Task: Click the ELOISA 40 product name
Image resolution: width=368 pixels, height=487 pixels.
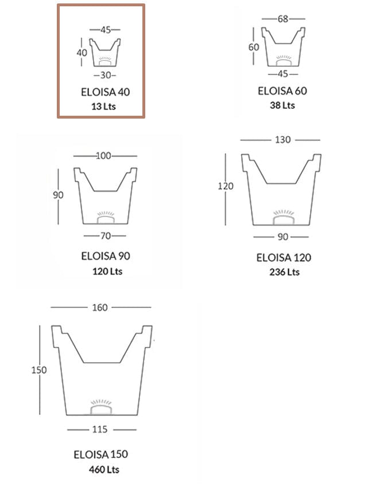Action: pyautogui.click(x=106, y=92)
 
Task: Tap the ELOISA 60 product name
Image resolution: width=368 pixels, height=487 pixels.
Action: pyautogui.click(x=282, y=91)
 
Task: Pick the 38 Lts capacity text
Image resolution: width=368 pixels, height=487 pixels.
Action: pyautogui.click(x=282, y=105)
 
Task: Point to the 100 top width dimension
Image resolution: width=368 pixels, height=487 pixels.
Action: pyautogui.click(x=104, y=156)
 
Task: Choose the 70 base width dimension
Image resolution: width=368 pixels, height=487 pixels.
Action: pyautogui.click(x=104, y=235)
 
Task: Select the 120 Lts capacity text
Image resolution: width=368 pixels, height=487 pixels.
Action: pyautogui.click(x=107, y=271)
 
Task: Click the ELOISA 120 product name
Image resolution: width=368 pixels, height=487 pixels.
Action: pyautogui.click(x=284, y=257)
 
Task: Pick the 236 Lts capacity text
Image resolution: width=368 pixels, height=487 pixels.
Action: pyautogui.click(x=284, y=272)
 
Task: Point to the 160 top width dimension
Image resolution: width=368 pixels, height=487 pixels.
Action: pyautogui.click(x=99, y=308)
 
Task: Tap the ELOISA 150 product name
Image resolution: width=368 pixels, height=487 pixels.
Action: pyautogui.click(x=100, y=454)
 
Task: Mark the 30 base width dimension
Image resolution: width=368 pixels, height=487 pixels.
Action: pyautogui.click(x=104, y=75)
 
